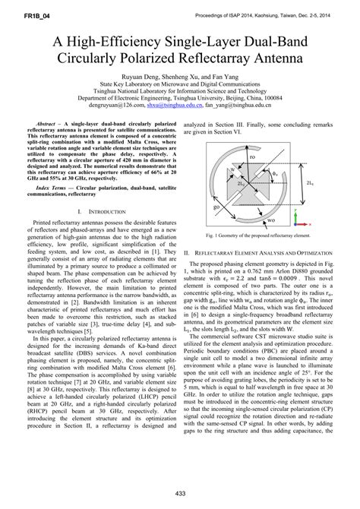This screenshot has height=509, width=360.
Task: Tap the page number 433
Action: point(181,495)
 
